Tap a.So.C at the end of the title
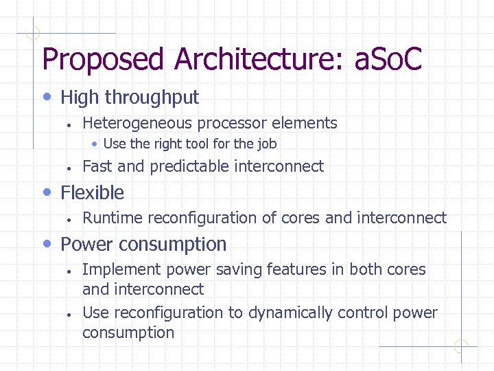pyautogui.click(x=388, y=60)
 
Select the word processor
pyautogui.click(x=233, y=124)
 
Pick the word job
pyautogui.click(x=267, y=144)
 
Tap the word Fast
pyautogui.click(x=97, y=166)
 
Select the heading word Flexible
pyautogui.click(x=93, y=192)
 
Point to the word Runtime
pyautogui.click(x=113, y=218)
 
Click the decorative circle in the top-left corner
pyautogui.click(x=32, y=32)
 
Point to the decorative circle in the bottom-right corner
pyautogui.click(x=461, y=346)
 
